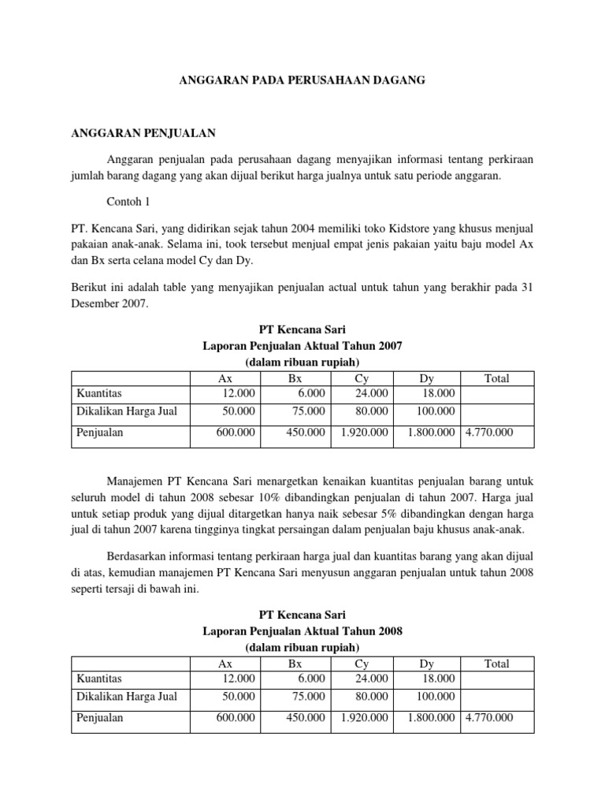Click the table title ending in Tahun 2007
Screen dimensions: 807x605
302,346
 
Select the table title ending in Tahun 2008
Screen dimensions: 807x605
302,631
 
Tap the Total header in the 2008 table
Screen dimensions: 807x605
496,664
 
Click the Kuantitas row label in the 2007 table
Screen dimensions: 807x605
98,392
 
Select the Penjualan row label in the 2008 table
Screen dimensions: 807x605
100,717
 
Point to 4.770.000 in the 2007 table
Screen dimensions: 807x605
489,432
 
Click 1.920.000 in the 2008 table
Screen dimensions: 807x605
364,717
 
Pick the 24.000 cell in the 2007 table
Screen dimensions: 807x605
372,392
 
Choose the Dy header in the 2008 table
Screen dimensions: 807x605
428,664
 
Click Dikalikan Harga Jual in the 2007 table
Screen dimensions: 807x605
126,411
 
